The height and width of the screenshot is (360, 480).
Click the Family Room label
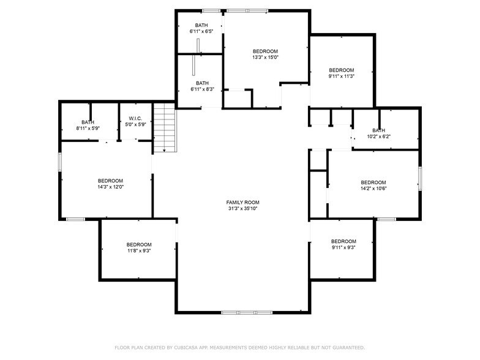click(243, 202)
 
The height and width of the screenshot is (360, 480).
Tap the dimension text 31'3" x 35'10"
click(243, 209)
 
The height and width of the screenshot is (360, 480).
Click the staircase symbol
click(165, 128)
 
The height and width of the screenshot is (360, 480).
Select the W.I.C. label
click(135, 118)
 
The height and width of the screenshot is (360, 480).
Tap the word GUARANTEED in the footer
click(346, 347)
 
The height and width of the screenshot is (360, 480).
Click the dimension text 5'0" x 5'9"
click(135, 125)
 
